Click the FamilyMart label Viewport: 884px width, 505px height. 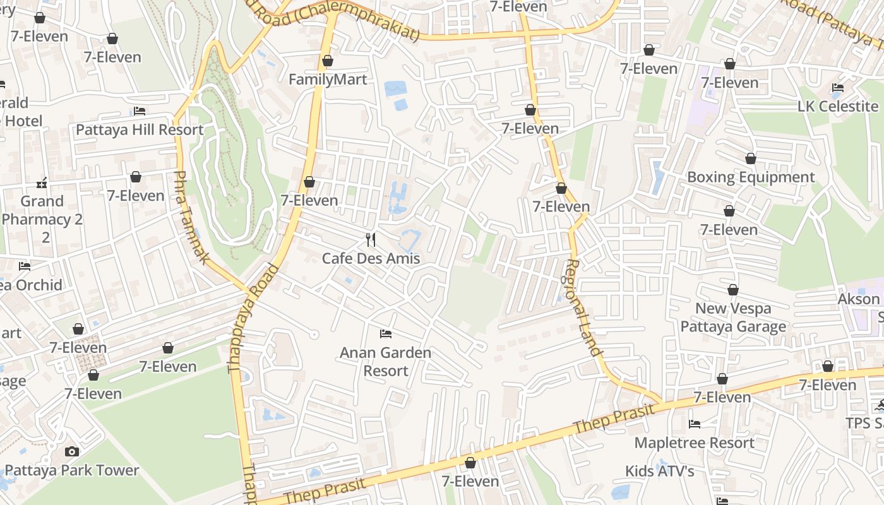pyautogui.click(x=328, y=80)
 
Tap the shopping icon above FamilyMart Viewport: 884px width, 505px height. pyautogui.click(x=328, y=61)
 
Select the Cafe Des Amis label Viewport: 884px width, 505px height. pyautogui.click(x=371, y=258)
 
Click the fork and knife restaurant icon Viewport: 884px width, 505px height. pyautogui.click(x=371, y=240)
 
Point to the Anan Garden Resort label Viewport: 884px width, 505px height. pyautogui.click(x=386, y=361)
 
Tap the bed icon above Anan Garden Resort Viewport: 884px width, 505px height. pyautogui.click(x=386, y=333)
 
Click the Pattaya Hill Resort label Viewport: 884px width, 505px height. pyautogui.click(x=140, y=130)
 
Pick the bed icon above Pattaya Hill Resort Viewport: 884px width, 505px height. pyautogui.click(x=140, y=111)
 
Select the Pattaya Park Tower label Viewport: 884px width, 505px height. pyautogui.click(x=72, y=470)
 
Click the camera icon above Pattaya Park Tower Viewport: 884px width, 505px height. pyautogui.click(x=72, y=451)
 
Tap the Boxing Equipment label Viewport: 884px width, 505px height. pyautogui.click(x=751, y=177)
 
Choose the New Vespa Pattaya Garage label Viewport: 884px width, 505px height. pyautogui.click(x=733, y=318)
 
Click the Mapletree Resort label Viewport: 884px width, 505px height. pyautogui.click(x=695, y=443)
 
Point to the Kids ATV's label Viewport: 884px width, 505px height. pyautogui.click(x=660, y=471)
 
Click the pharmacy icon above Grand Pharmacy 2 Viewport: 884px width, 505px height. pyautogui.click(x=42, y=183)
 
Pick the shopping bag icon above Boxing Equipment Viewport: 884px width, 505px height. pyautogui.click(x=751, y=158)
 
